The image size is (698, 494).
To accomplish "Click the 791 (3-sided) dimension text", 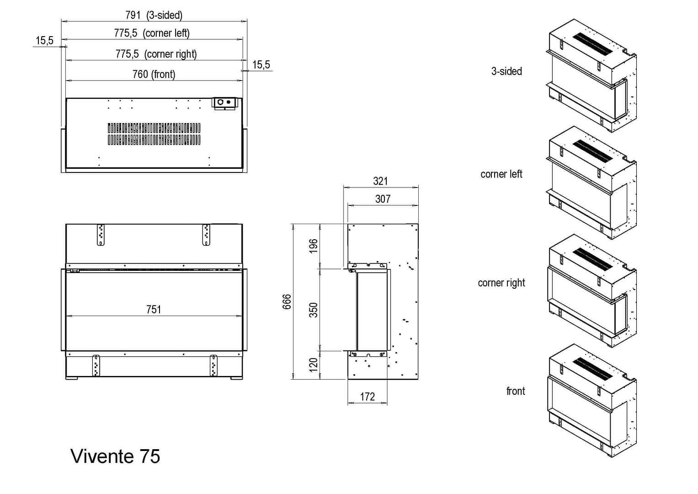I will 154,15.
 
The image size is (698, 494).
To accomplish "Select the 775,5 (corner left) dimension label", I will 152,33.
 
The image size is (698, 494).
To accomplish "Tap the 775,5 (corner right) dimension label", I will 156,54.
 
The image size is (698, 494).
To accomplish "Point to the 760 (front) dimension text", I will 154,74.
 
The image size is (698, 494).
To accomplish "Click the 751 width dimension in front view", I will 154,310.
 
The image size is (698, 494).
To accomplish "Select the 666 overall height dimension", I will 287,302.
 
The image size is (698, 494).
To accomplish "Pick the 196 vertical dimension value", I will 313,246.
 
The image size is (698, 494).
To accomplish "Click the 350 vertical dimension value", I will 313,310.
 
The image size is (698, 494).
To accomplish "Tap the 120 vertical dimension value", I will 313,365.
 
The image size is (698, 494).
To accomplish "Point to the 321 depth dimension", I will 380,181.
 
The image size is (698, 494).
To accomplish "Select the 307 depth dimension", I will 383,199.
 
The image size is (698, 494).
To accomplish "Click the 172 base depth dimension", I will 368,397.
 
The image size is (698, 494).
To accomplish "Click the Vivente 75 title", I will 115,456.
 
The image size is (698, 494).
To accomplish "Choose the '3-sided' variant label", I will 506,71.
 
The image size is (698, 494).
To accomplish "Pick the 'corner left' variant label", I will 501,174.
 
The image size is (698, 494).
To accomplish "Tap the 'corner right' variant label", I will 501,283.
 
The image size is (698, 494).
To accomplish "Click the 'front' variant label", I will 515,391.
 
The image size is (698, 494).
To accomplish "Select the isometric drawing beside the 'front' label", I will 591,401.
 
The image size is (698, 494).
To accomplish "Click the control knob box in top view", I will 224,103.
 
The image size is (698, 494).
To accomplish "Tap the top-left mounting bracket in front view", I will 101,235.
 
